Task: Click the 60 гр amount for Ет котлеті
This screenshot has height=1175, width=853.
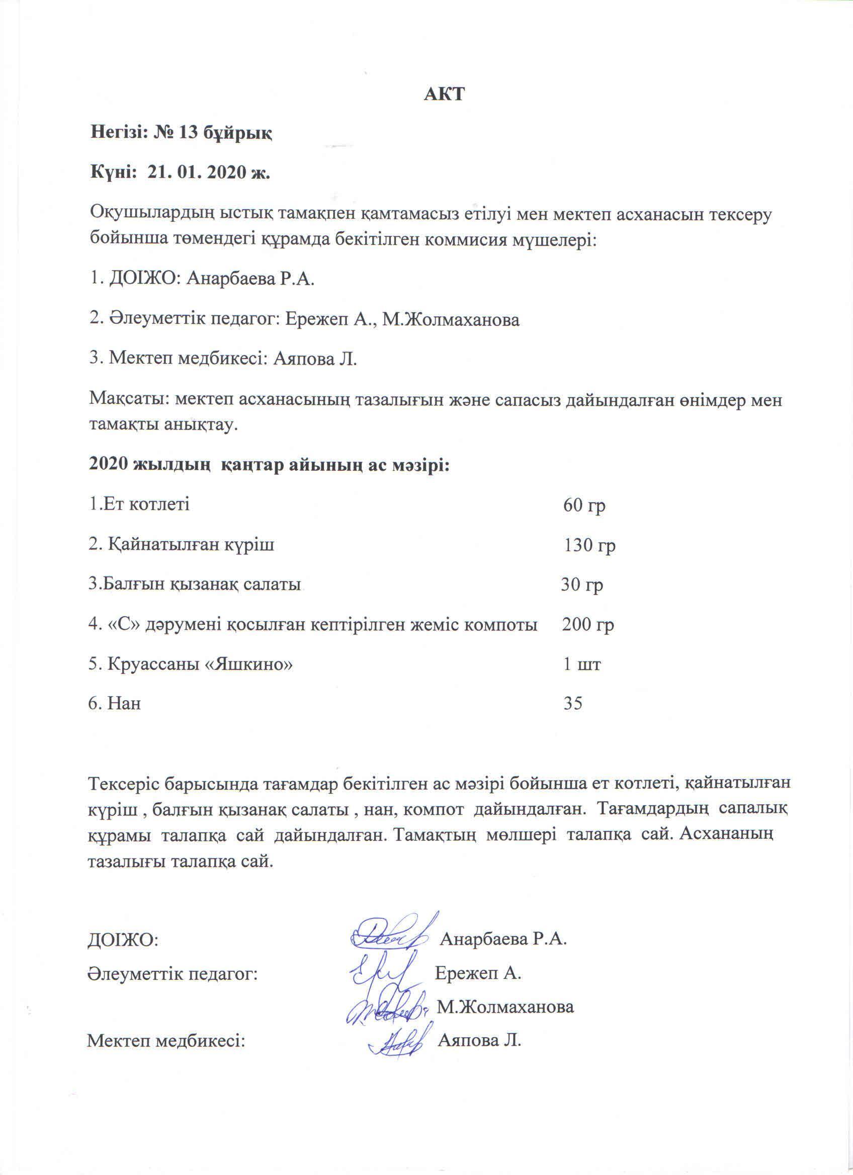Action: pyautogui.click(x=584, y=506)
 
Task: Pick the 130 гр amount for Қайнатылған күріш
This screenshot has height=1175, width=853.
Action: pyautogui.click(x=589, y=546)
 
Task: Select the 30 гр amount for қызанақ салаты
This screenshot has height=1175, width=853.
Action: pyautogui.click(x=582, y=585)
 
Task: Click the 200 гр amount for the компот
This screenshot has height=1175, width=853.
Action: pyautogui.click(x=588, y=625)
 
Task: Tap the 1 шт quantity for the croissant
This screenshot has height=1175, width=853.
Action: pyautogui.click(x=582, y=664)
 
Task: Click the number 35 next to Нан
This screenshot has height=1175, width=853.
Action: pyautogui.click(x=573, y=704)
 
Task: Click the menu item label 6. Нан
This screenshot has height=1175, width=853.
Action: pyautogui.click(x=115, y=704)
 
